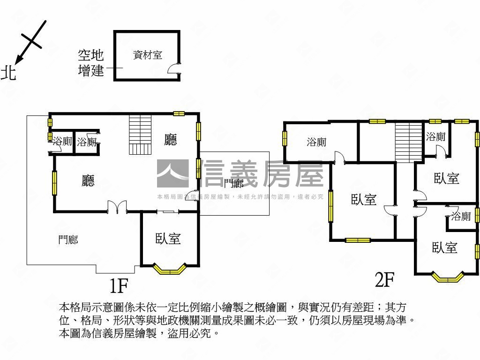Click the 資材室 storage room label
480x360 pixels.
(148, 55)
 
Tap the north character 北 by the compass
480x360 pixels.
(8, 73)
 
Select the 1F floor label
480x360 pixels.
(119, 284)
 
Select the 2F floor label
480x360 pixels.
(384, 280)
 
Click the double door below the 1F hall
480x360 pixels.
(117, 207)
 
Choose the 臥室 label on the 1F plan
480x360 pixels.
(168, 239)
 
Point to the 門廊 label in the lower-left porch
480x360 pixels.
(68, 240)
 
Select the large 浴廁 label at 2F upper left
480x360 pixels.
(316, 142)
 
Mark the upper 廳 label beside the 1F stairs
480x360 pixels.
(171, 140)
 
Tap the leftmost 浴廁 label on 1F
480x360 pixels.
(62, 141)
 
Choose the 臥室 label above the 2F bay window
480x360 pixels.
(444, 247)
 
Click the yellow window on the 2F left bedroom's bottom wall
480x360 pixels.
(358, 240)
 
